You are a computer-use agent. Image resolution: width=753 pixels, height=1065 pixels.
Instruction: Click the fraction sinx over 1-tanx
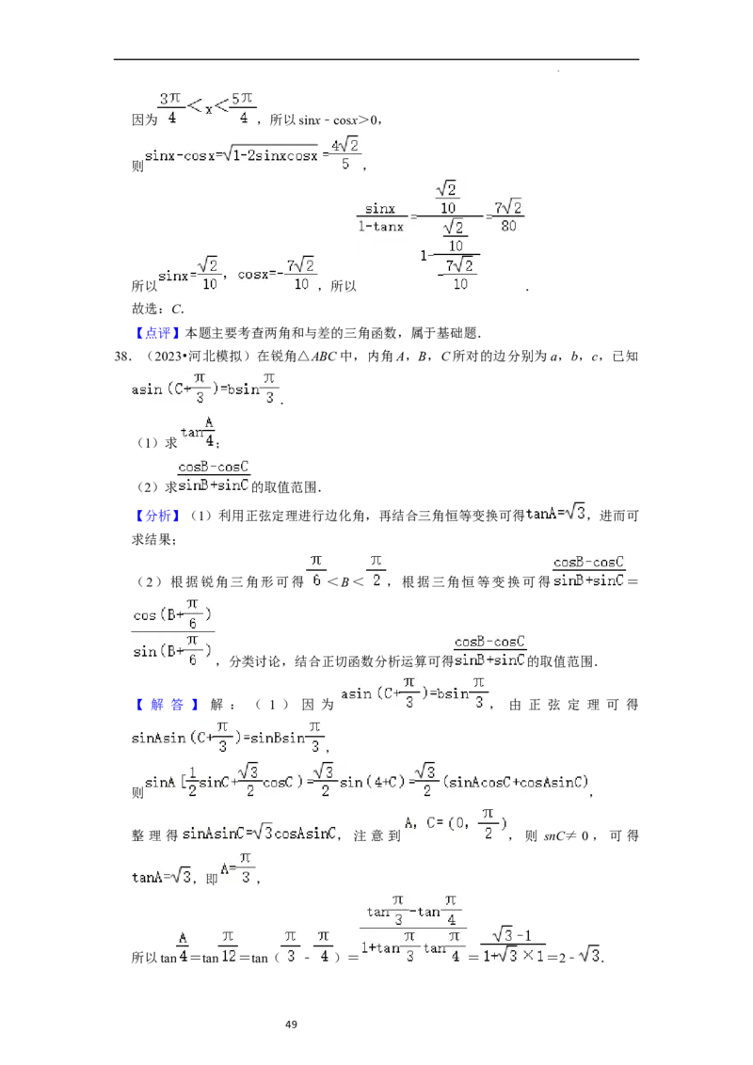click(x=380, y=217)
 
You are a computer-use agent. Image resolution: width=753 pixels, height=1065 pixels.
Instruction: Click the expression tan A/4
click(x=199, y=432)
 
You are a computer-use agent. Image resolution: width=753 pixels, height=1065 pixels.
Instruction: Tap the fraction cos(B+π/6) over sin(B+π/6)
click(x=174, y=631)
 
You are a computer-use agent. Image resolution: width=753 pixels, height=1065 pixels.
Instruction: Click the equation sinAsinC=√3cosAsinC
click(x=260, y=833)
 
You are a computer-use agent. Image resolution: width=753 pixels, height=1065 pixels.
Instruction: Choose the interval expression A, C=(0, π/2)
click(x=456, y=824)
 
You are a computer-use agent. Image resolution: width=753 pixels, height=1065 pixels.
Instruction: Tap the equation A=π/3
click(x=236, y=867)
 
